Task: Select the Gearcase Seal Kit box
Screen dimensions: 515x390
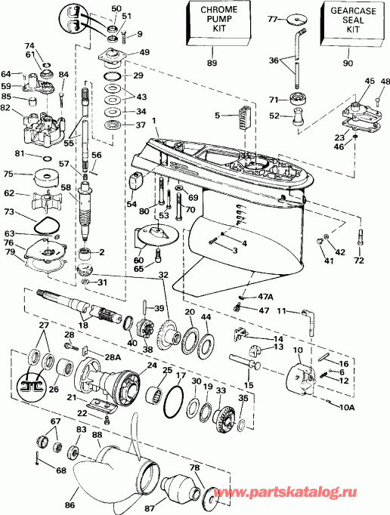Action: click(x=345, y=27)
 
